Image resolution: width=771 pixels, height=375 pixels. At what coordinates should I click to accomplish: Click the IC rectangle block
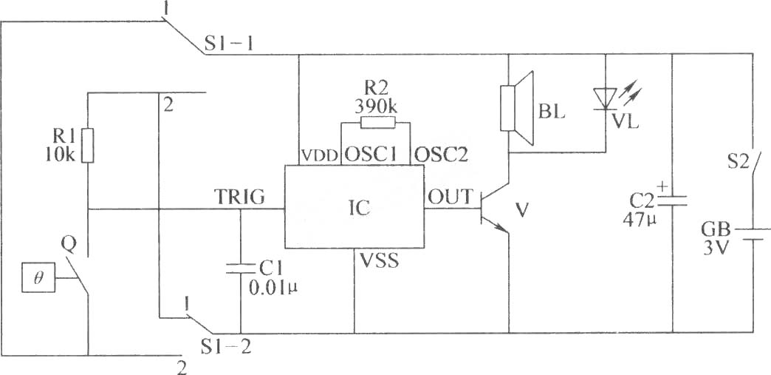(354, 207)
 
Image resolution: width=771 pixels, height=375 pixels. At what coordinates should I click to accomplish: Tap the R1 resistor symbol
(88, 146)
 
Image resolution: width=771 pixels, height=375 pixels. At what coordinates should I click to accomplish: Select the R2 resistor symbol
(377, 122)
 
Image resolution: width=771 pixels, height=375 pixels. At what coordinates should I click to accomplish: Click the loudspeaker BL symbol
(516, 109)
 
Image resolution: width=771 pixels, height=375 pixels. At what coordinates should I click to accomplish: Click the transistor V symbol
(494, 209)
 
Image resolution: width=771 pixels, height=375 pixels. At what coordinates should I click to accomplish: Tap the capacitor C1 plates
(241, 268)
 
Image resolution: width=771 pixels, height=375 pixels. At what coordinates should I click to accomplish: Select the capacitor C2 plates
(673, 200)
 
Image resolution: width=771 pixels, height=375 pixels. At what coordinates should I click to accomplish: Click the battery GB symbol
(753, 234)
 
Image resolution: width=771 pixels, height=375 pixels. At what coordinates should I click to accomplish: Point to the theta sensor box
(38, 277)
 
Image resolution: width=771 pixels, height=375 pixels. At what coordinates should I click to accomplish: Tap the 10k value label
(59, 155)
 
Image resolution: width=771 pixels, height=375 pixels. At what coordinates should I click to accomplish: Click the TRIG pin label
(239, 197)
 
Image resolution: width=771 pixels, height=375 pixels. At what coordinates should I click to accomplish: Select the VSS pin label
(380, 261)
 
